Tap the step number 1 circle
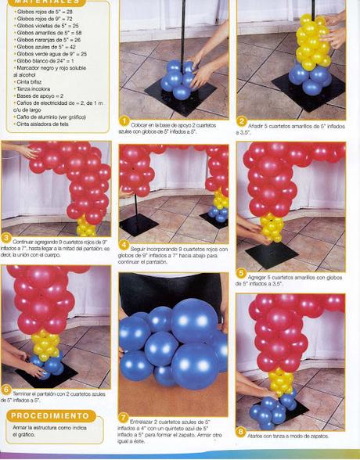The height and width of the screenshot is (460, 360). pyautogui.click(x=124, y=121)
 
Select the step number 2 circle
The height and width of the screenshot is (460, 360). pyautogui.click(x=242, y=121)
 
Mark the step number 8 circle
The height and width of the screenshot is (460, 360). pyautogui.click(x=242, y=429)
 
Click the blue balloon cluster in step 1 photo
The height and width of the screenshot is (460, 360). pyautogui.click(x=178, y=78)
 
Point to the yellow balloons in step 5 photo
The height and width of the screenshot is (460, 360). pyautogui.click(x=272, y=227)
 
